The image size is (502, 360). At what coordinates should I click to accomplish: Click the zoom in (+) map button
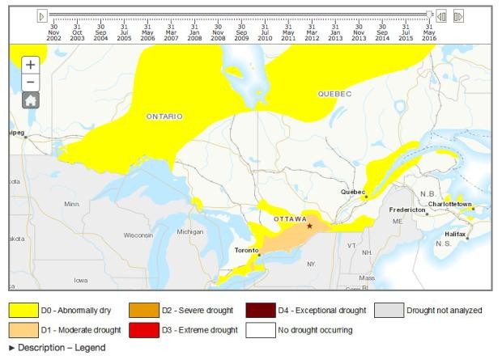30,64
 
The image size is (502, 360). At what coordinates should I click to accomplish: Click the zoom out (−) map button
30,82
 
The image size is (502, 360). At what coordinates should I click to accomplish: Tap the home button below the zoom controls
30,100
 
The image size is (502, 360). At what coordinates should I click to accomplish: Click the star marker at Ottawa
309,226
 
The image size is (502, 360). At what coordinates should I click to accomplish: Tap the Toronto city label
246,250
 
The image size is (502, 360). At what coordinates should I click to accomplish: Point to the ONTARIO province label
164,116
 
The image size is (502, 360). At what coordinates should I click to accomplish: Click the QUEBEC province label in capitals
334,94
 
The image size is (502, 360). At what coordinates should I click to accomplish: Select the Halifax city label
455,234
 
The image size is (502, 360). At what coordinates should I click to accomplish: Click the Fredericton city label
408,210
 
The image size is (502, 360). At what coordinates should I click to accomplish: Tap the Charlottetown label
452,204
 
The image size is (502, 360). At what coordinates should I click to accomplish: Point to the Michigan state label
190,231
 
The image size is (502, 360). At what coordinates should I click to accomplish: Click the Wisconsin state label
138,235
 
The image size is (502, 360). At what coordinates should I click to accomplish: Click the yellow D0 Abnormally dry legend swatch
23,311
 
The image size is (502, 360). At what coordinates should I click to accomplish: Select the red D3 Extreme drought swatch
145,330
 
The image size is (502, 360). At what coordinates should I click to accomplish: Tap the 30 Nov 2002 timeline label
53,32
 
